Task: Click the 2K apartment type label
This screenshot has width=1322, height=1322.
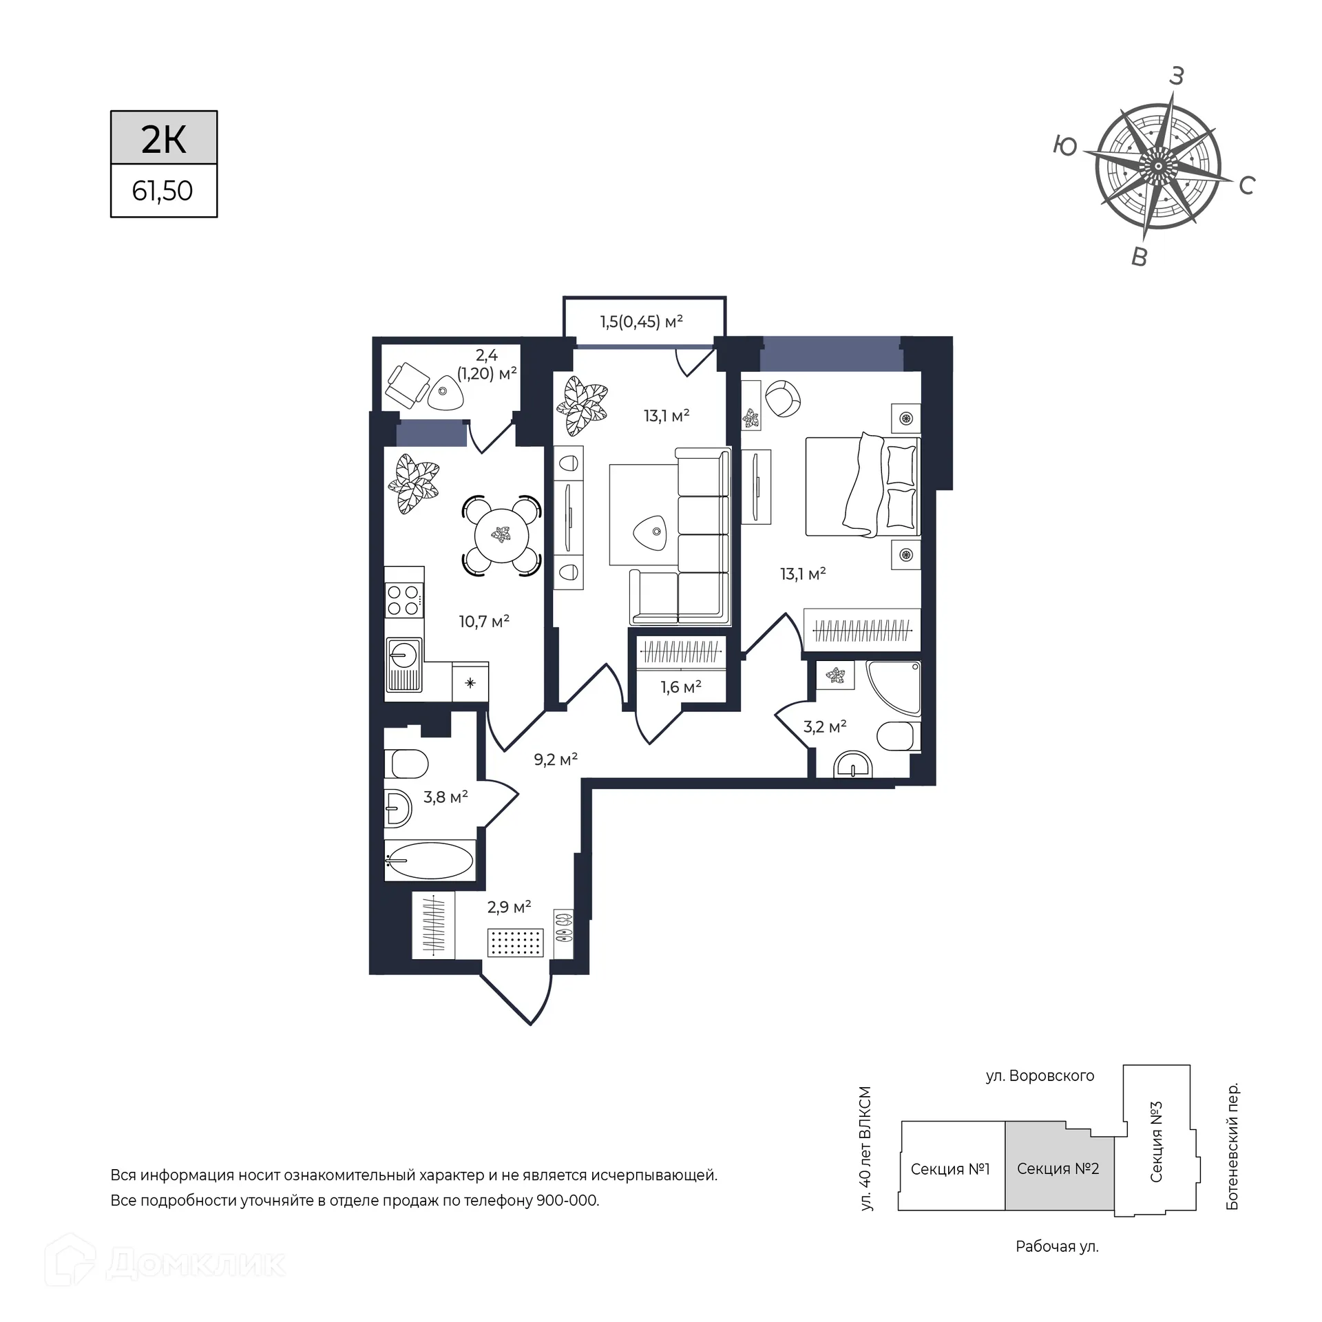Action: [164, 138]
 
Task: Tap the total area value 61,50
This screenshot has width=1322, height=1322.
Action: [163, 191]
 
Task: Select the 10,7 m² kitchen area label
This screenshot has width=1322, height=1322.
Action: [484, 622]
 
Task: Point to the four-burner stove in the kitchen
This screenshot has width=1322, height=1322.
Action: [403, 599]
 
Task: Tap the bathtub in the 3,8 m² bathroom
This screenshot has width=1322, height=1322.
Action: [430, 861]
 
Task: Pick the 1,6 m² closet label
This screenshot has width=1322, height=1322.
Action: [680, 687]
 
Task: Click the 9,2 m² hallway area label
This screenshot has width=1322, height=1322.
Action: [556, 759]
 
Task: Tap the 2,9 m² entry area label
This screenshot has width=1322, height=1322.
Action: [509, 907]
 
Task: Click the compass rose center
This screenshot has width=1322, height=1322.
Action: [1159, 167]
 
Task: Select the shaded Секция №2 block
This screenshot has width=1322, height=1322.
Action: [1059, 1169]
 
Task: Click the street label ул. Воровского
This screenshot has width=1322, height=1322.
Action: [1040, 1076]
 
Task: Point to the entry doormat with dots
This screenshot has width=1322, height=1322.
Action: [516, 942]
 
